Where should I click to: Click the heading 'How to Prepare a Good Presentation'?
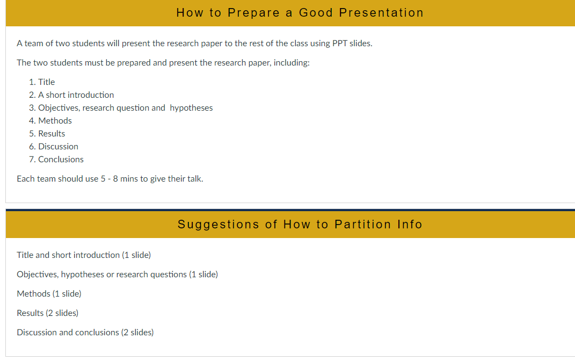300,13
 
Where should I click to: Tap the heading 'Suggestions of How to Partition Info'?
300,224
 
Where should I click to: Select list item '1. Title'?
42,82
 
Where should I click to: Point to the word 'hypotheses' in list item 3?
191,108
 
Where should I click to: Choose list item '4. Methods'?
50,121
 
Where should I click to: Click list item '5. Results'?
47,134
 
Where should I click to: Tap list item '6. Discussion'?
54,147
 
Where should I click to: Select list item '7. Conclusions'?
56,159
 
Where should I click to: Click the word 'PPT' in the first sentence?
339,44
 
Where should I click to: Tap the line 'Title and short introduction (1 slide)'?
84,255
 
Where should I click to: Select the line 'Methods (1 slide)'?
49,293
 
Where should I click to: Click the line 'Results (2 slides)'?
48,313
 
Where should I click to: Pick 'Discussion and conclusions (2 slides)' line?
85,333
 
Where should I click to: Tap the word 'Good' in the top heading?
316,13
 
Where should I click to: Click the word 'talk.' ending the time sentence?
195,179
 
